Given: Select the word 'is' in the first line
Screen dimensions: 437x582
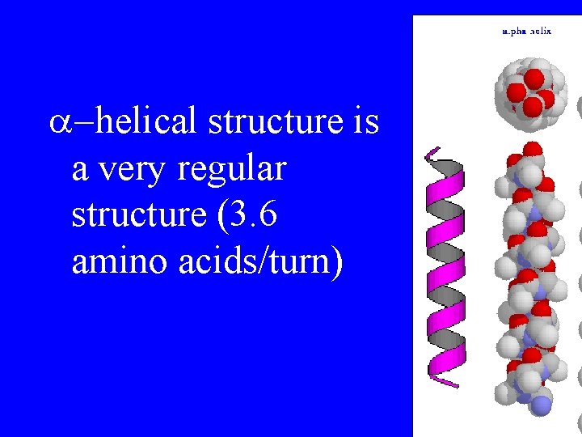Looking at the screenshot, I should pyautogui.click(x=366, y=121).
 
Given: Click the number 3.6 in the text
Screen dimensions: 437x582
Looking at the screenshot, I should pyautogui.click(x=251, y=216).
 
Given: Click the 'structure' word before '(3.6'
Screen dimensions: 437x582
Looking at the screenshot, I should pyautogui.click(x=133, y=216).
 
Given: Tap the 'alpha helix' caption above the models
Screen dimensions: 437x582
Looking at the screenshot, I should pyautogui.click(x=526, y=32).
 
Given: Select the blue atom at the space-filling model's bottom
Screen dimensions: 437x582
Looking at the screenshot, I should pyautogui.click(x=541, y=405).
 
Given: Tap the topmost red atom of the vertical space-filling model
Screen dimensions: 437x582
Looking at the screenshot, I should pyautogui.click(x=531, y=149).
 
